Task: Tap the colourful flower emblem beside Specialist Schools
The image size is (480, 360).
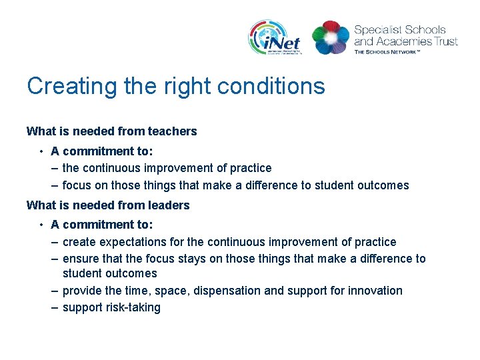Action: coord(331,37)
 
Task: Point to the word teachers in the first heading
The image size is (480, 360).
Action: coord(172,131)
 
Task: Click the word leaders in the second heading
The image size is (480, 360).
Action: coord(169,205)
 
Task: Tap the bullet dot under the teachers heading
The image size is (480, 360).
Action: coord(41,151)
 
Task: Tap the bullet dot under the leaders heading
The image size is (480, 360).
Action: coord(41,225)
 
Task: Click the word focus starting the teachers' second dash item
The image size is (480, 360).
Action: coord(76,185)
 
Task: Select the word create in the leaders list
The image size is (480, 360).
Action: coord(79,242)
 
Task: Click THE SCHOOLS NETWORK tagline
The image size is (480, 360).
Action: coord(387,52)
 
